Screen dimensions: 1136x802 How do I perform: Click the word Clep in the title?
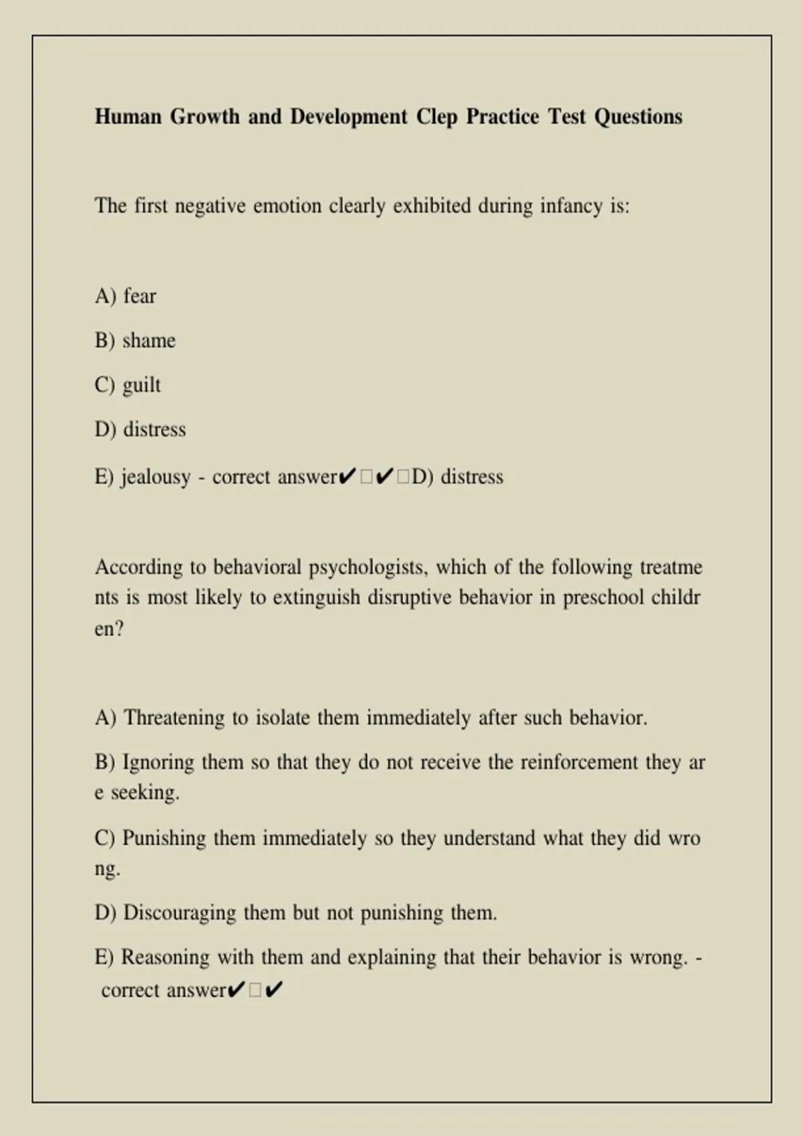coord(436,117)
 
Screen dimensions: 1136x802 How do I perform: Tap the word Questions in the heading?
coord(638,117)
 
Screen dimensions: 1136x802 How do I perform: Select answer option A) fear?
coord(126,296)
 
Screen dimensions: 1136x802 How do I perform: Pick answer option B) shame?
coord(135,341)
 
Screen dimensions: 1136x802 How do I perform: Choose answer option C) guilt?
coord(128,386)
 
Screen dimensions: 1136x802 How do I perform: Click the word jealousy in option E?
coord(156,477)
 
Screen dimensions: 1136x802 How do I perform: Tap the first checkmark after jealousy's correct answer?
coord(347,477)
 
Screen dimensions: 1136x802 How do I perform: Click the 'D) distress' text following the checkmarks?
coord(458,477)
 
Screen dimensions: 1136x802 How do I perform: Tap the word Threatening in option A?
coord(174,718)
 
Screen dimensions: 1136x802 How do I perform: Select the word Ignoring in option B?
coord(158,762)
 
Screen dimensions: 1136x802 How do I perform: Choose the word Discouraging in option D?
coord(180,913)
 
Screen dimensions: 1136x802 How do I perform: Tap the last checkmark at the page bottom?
coord(274,990)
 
